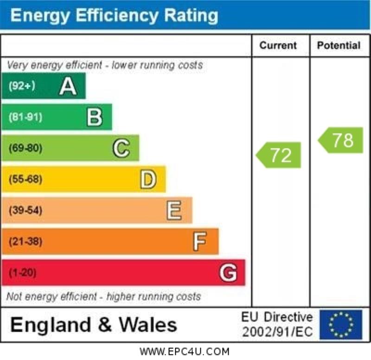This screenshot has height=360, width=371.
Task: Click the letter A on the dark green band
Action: tap(68, 86)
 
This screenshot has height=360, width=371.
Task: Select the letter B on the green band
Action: tap(95, 117)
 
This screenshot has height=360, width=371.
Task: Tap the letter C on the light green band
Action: tap(121, 148)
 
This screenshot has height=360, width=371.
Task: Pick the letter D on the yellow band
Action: tap(148, 180)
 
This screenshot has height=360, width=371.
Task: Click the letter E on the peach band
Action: tap(174, 211)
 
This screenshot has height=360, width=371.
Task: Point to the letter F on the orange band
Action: tap(199, 242)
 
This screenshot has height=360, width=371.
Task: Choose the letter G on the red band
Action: tap(228, 273)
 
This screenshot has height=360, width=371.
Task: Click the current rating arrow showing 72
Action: tap(279, 155)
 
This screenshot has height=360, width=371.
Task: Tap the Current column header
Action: tap(278, 45)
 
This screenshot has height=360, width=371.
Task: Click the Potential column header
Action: tap(339, 45)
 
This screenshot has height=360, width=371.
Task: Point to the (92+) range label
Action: tap(22, 86)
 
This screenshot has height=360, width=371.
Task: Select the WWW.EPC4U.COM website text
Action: tap(185, 352)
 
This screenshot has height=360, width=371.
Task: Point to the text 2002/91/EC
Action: tap(277, 332)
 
